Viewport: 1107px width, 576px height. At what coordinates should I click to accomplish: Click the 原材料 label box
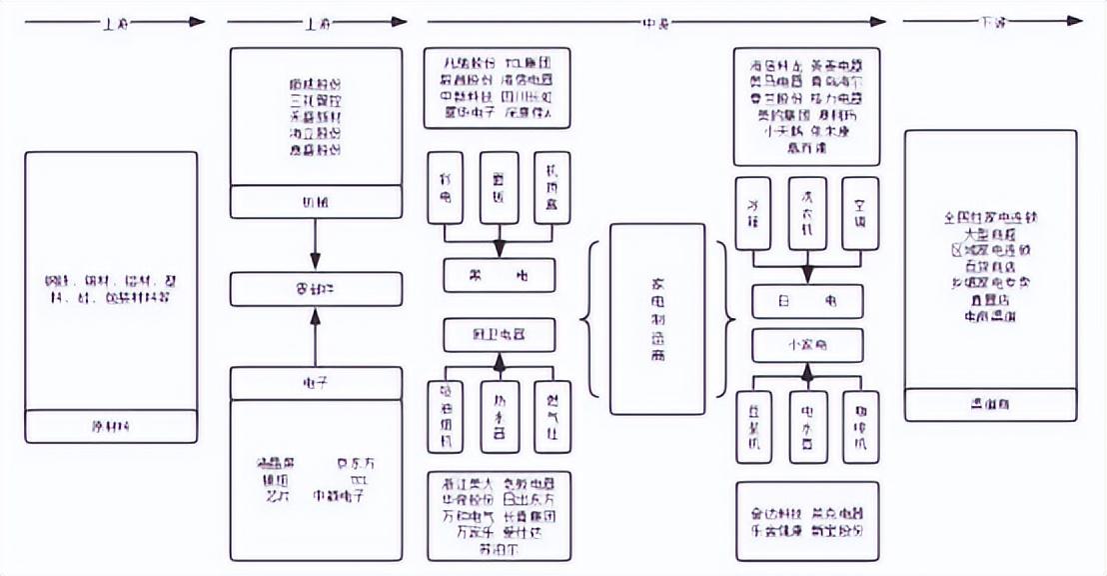point(110,427)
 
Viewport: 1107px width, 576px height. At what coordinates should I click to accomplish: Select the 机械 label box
point(316,201)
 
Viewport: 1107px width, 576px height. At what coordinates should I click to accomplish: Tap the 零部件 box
point(316,289)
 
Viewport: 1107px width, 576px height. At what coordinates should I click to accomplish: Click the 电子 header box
point(316,382)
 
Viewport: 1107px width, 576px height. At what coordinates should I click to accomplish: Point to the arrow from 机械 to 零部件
point(316,244)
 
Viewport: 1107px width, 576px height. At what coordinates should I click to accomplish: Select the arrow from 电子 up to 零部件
point(316,336)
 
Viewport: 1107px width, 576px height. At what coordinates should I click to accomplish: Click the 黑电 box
point(500,274)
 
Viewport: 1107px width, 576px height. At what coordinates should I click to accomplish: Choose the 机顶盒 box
point(553,187)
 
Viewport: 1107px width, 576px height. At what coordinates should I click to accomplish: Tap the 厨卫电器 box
point(500,333)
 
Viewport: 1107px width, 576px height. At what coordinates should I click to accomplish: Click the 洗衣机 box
point(807,213)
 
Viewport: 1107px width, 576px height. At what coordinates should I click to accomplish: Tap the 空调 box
point(860,213)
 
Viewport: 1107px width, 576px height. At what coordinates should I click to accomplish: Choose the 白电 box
point(807,301)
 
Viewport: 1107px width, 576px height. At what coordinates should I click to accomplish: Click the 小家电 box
point(807,346)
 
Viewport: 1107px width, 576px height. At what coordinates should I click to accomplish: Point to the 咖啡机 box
point(860,427)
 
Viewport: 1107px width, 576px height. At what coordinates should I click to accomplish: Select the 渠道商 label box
point(990,406)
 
